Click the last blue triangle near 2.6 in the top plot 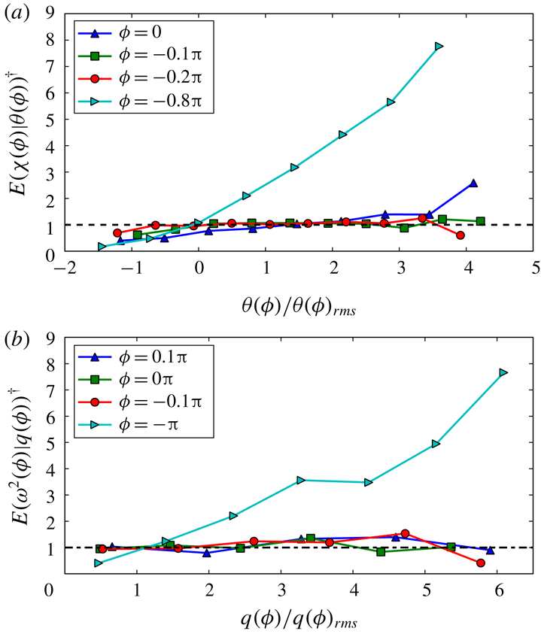473,183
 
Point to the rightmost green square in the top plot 480,221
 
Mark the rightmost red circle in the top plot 460,235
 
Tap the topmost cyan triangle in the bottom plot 503,373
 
